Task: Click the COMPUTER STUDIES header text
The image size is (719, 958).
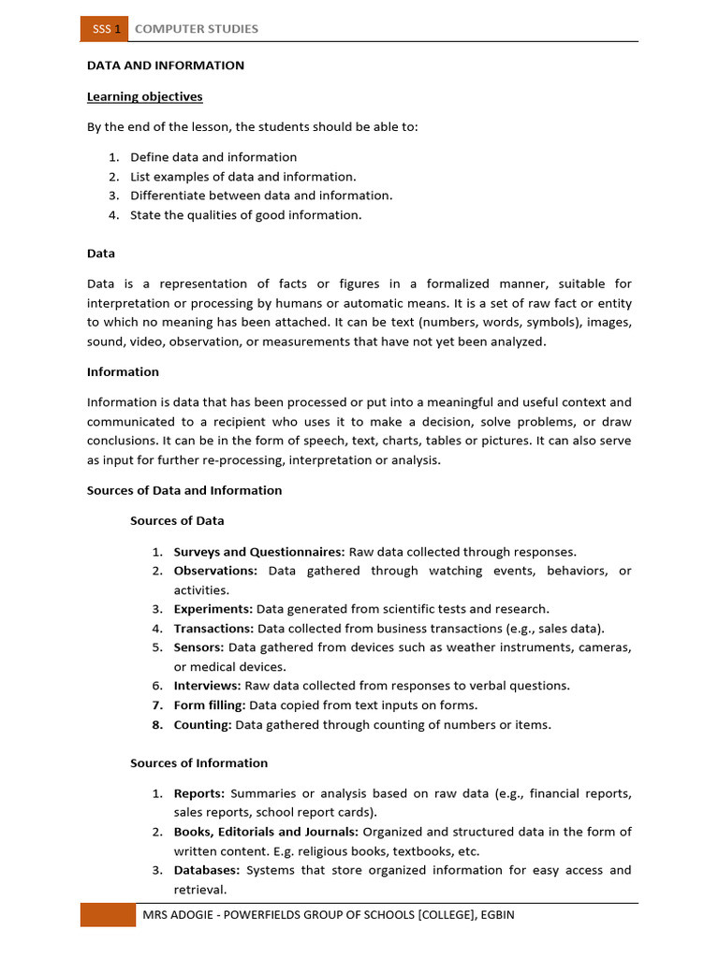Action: tap(197, 29)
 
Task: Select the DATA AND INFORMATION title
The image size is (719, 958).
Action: tap(166, 65)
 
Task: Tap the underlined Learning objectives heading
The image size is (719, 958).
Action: tap(144, 96)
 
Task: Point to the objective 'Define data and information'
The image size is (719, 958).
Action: tap(213, 157)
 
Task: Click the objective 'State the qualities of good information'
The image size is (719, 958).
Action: tap(245, 215)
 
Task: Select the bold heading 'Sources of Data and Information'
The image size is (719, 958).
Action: tap(184, 490)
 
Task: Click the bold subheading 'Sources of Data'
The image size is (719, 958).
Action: tap(177, 520)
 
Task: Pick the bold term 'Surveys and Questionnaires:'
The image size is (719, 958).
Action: tap(259, 552)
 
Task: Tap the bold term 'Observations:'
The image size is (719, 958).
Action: tap(215, 571)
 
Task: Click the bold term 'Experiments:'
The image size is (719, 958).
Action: tap(213, 609)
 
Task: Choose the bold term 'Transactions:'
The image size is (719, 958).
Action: tap(213, 629)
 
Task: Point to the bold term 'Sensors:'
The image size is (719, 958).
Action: tap(198, 647)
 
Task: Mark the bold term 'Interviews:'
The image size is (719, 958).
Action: tap(207, 686)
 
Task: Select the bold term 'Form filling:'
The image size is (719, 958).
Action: tap(210, 705)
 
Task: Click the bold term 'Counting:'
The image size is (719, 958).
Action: tap(202, 724)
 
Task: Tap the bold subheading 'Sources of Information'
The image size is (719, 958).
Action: tap(198, 762)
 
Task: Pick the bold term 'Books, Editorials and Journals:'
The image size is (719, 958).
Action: tap(266, 832)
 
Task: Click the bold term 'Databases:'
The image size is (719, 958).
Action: tap(207, 870)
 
